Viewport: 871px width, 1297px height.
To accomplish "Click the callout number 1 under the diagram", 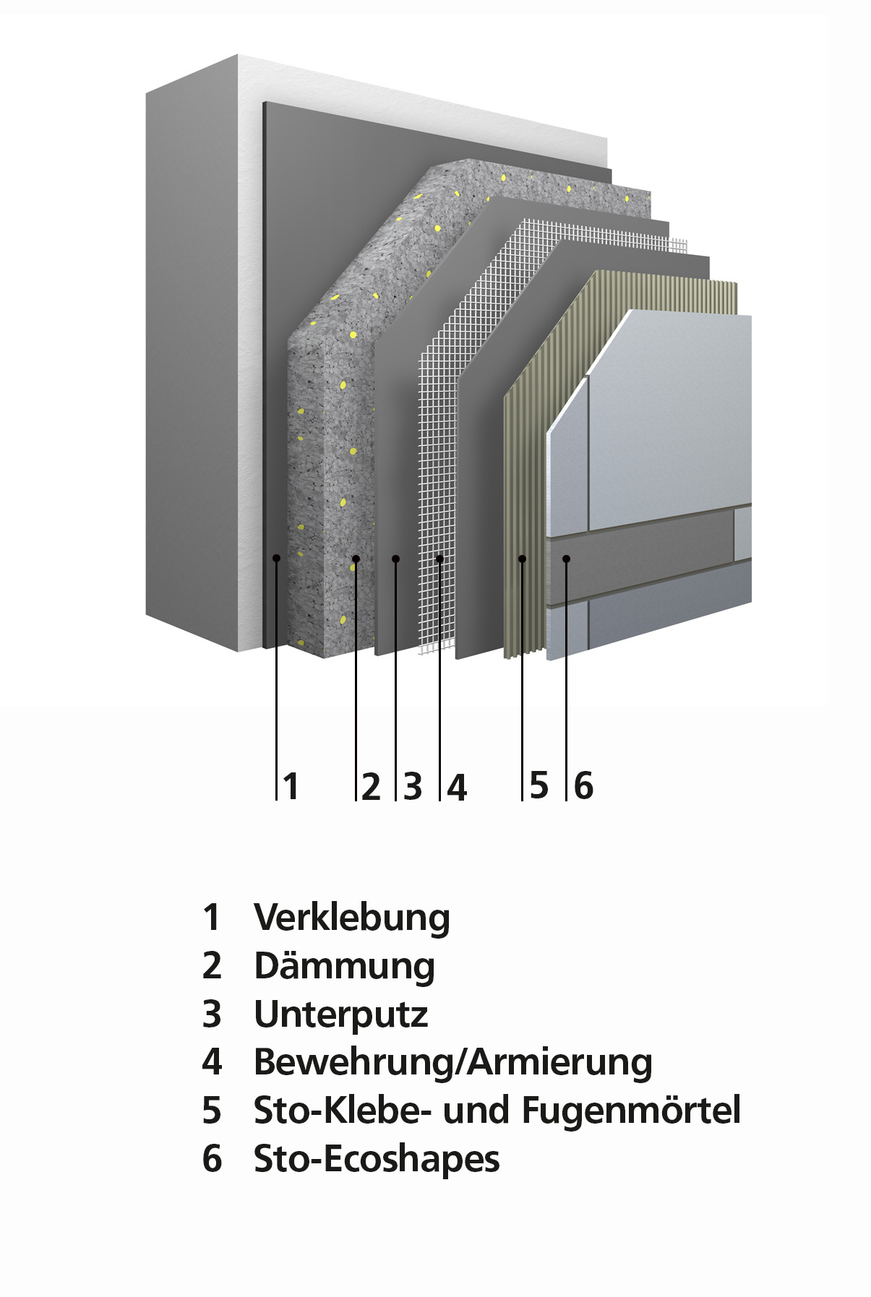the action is pos(291,786).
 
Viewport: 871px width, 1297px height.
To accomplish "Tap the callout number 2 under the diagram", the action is pos(371,786).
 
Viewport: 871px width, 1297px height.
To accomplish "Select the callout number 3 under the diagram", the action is pos(413,786).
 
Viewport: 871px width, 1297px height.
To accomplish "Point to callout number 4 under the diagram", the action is pos(457,786).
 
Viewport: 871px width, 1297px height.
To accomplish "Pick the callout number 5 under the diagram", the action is pos(539,785).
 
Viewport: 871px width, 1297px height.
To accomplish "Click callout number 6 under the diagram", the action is pos(583,785).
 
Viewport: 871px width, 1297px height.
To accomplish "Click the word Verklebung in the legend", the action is pos(352,918).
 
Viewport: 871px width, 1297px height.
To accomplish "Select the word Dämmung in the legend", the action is pos(344,967).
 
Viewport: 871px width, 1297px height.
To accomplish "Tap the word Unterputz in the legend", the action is pos(341,1014).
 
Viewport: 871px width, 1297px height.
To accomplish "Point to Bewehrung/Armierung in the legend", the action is pos(453,1063).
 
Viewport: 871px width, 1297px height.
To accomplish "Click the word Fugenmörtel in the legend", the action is pos(631,1111).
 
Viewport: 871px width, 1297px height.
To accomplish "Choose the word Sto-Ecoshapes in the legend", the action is pos(377,1159).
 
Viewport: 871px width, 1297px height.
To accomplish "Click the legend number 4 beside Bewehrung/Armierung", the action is pos(212,1062).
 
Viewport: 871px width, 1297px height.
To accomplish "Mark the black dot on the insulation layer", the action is pos(356,559).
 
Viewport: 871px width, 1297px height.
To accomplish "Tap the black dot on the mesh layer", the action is pos(439,559).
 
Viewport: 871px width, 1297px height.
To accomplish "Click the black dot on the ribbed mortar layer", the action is pos(522,559).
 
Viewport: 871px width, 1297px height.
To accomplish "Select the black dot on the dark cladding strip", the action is pos(567,559).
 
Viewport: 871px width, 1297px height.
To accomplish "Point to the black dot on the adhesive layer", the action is pos(276,558).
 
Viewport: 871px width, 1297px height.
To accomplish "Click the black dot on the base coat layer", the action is pos(395,559).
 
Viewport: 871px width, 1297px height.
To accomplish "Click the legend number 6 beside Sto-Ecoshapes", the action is pos(212,1159).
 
